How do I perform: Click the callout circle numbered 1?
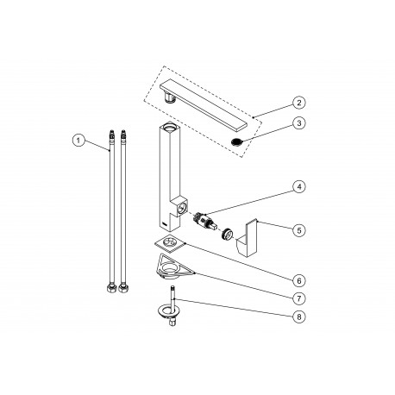click(78, 141)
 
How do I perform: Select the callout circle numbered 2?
click(299, 103)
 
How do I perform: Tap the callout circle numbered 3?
click(299, 123)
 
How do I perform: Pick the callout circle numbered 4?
click(299, 186)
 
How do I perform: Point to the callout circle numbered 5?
click(299, 230)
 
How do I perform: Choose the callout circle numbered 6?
click(299, 280)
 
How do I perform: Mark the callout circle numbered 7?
click(299, 298)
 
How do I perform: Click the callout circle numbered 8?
click(299, 317)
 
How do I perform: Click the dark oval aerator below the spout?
click(237, 141)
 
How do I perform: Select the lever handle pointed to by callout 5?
click(248, 238)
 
